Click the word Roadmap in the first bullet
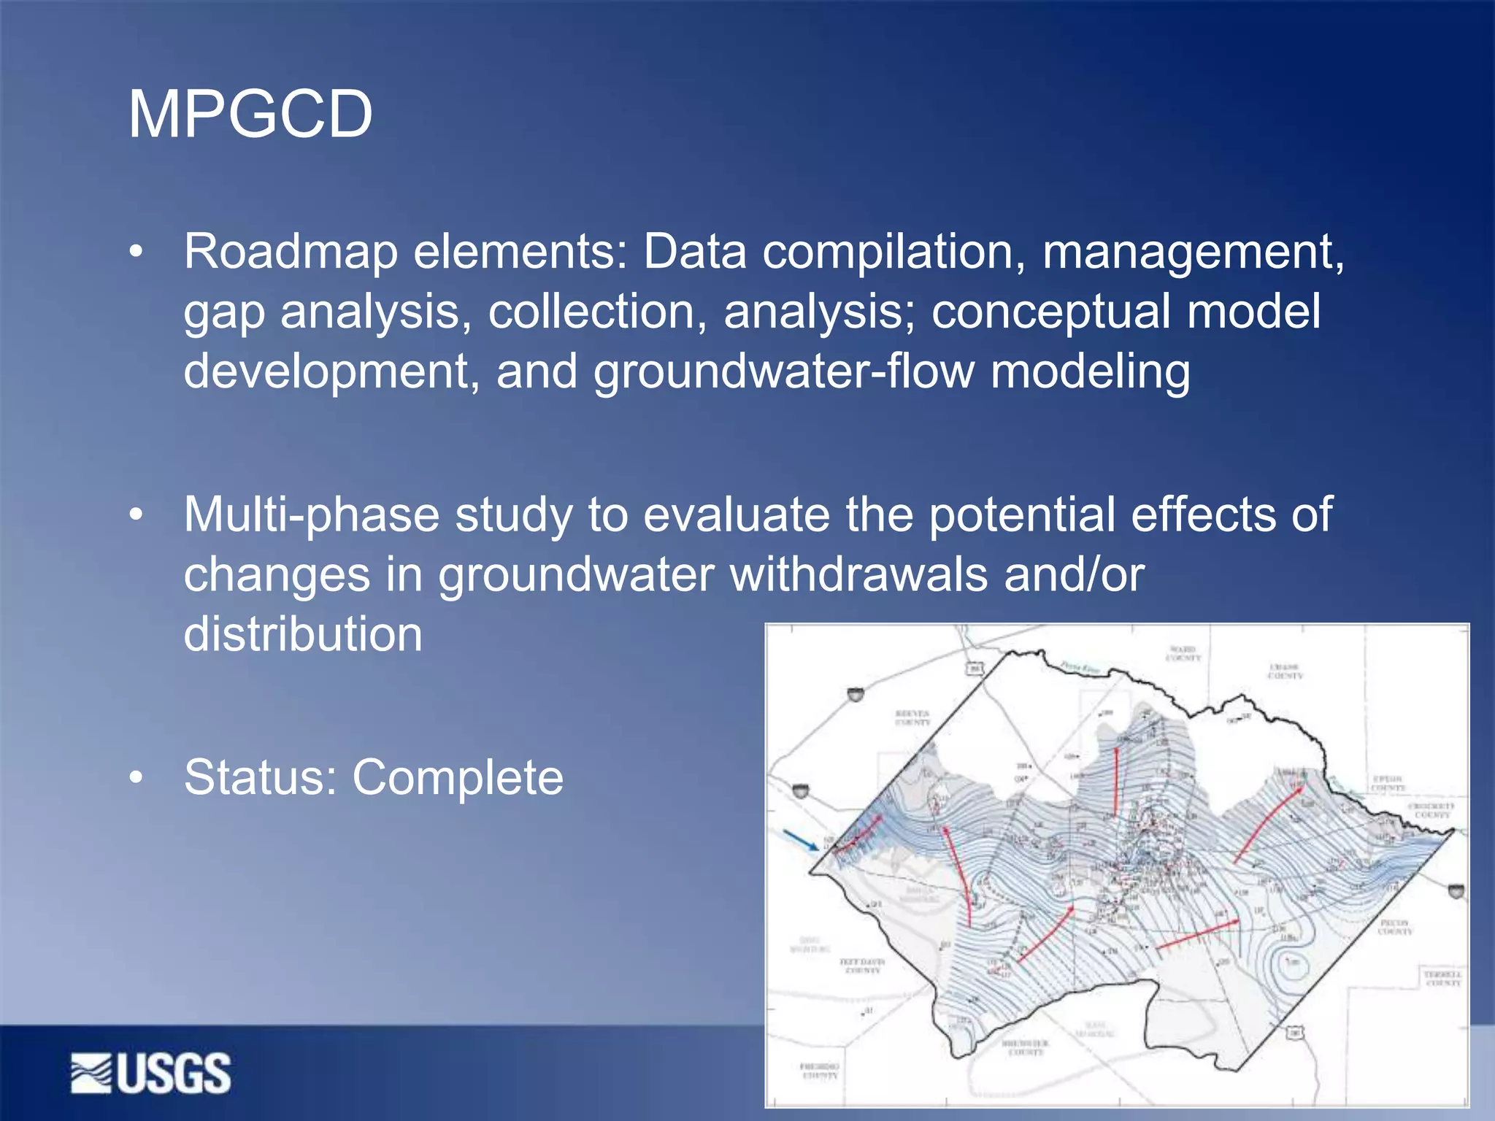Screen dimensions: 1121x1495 coord(291,252)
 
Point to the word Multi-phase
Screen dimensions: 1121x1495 coord(311,515)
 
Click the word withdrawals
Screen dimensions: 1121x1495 coord(858,574)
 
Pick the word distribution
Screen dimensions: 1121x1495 coord(303,633)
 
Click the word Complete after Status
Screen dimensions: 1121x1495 coord(458,777)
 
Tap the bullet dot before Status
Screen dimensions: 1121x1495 coord(136,778)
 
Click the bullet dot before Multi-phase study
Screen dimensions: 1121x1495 coord(136,515)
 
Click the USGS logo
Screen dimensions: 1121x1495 coord(151,1073)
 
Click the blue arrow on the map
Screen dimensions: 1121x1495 coord(801,840)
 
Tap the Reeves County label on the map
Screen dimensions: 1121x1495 coord(912,717)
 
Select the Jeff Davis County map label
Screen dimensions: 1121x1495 coord(862,966)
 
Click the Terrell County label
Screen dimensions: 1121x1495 coord(1442,979)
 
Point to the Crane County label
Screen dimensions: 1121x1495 coord(1285,671)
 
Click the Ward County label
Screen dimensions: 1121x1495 coord(1183,653)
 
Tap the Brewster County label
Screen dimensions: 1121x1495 coord(1026,1047)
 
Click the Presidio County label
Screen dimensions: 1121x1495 coord(820,1071)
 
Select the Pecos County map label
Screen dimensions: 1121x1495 coord(1395,927)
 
